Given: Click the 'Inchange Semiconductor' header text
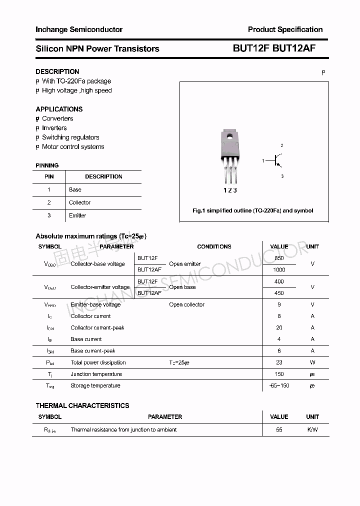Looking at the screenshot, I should (79, 29).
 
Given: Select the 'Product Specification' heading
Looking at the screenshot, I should (285, 29).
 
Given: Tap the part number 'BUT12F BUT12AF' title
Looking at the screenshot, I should (274, 48).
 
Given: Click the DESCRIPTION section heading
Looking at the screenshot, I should (57, 71).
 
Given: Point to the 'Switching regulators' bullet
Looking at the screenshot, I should (70, 137).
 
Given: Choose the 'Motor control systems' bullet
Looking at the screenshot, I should (73, 147).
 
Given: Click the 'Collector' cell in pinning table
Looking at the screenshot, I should (79, 202).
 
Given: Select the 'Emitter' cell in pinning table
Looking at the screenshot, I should (77, 215).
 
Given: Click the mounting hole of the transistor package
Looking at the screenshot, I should (229, 135).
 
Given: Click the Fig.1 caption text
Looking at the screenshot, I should (253, 210).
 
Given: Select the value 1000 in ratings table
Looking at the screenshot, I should (279, 270).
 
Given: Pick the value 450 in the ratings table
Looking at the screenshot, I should (279, 293).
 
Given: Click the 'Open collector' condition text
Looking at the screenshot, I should (186, 304).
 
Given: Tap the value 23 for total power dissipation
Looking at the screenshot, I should (279, 362).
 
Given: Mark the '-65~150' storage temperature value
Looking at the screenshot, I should (279, 385).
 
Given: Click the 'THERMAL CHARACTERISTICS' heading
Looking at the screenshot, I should (82, 405).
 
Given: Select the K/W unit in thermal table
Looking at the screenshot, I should (312, 429).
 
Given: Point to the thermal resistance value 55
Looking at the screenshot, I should (279, 429).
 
